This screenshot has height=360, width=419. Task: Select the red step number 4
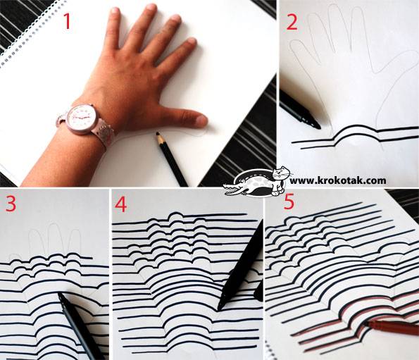[122, 204]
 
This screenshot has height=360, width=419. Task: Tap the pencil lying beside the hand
[172, 159]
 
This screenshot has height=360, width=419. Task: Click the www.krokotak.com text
[337, 180]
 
